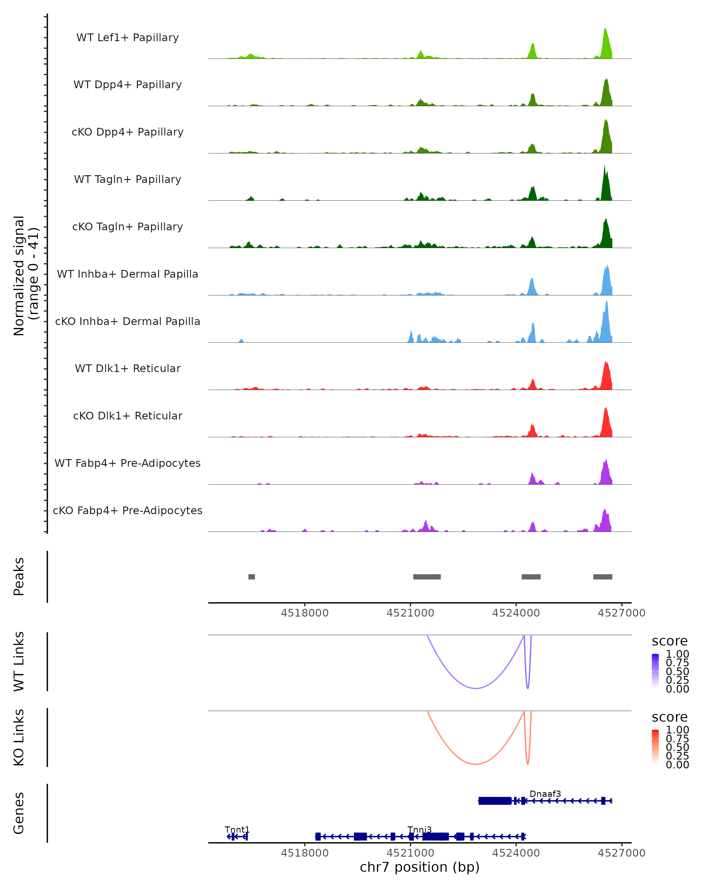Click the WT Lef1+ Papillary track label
128,38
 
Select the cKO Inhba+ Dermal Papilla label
128,321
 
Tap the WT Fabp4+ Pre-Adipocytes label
128,463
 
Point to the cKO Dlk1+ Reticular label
128,416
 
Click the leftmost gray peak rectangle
251,577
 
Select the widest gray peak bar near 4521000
427,577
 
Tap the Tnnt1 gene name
237,829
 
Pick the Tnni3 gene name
419,829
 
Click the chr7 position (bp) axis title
419,867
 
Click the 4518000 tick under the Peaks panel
305,613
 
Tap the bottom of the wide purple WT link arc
476,688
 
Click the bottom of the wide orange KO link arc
476,764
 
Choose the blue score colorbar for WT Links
655,671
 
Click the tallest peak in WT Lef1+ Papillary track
605,30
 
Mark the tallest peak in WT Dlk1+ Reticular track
606,362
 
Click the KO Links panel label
19,737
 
